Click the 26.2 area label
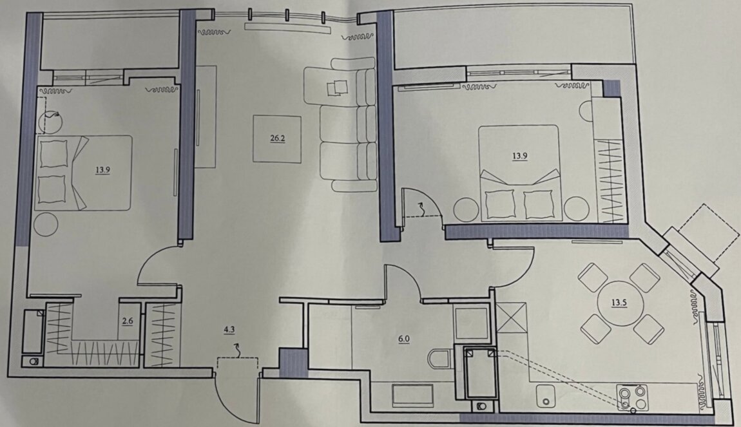coord(278,138)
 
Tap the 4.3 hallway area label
coord(229,330)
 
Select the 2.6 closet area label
coord(128,321)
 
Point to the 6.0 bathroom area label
coord(404,339)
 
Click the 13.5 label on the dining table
coord(619,303)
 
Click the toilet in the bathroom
coord(440,359)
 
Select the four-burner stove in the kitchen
coord(632,397)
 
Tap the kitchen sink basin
coord(547,396)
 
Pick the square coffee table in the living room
coord(277,139)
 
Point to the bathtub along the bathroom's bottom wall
coord(413,396)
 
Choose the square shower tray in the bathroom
coord(470,323)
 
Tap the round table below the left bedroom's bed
coord(45,224)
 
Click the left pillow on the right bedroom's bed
coord(500,204)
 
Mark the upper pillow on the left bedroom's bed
coord(53,153)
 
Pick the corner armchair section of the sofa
coord(340,84)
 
